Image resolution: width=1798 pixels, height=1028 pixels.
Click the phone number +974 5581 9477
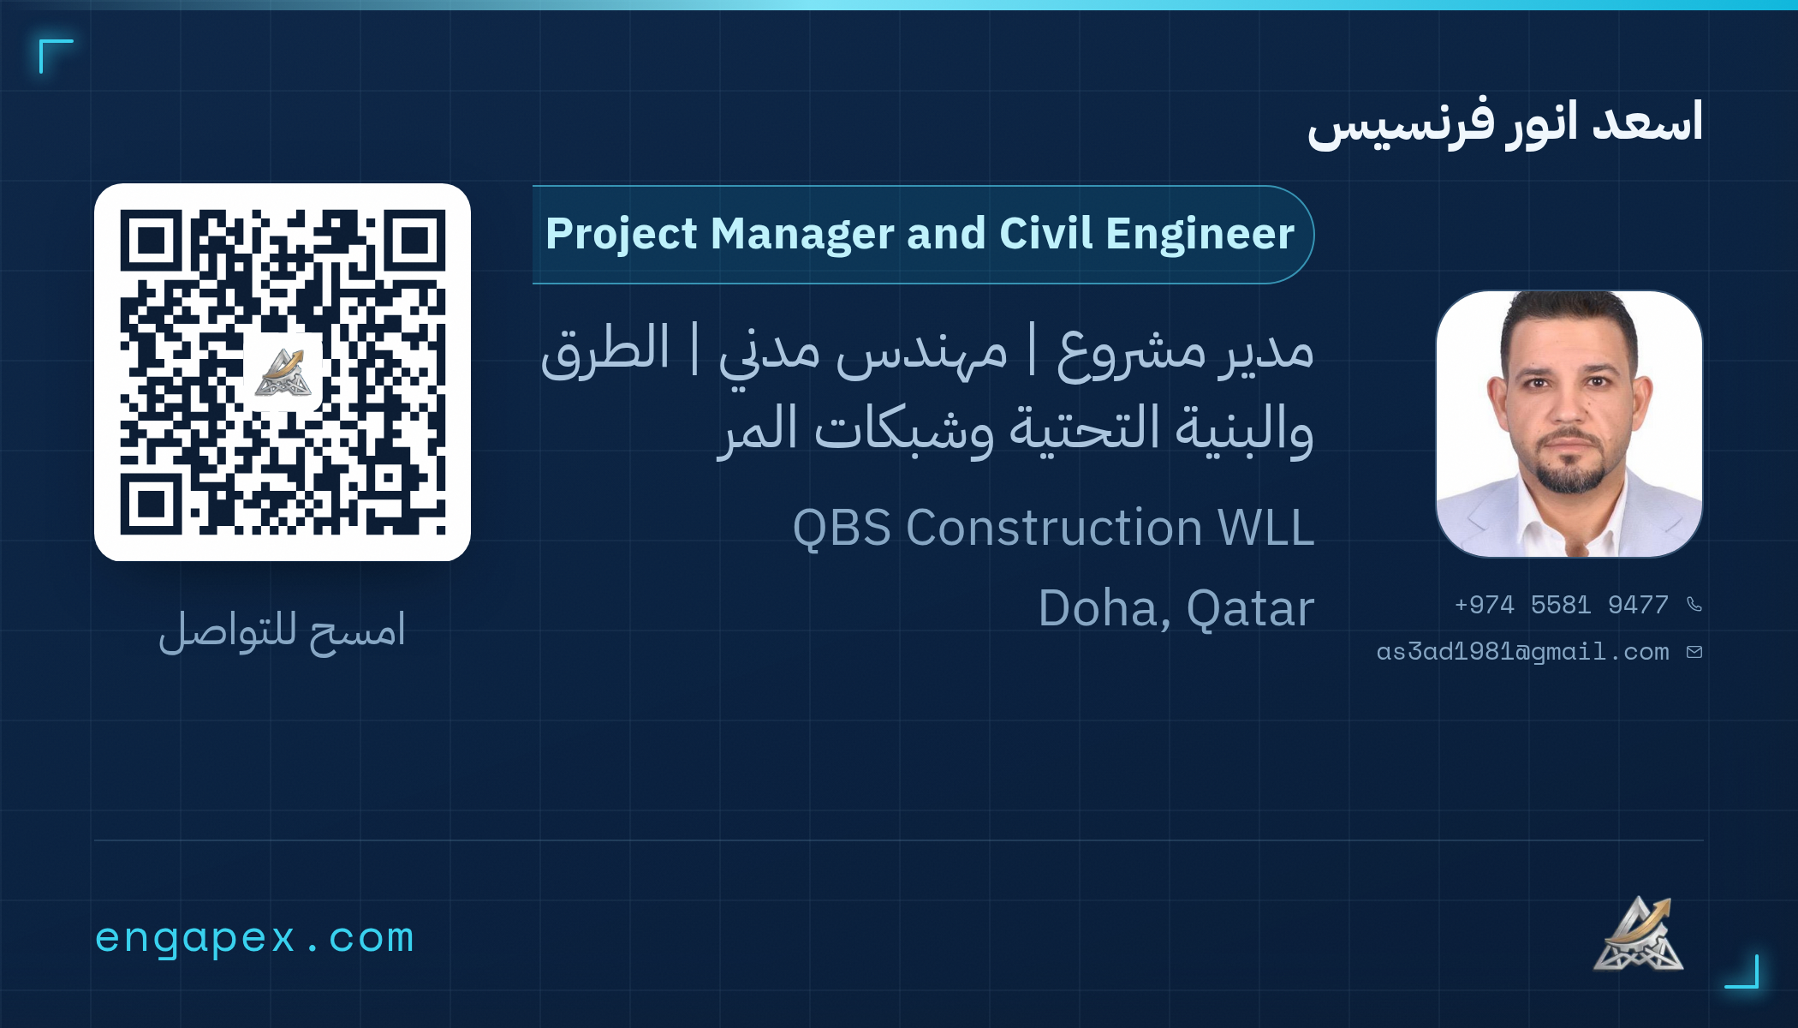click(1561, 605)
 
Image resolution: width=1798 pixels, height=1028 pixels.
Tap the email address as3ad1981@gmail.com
click(1522, 652)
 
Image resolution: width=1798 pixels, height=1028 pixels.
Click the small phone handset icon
click(1694, 605)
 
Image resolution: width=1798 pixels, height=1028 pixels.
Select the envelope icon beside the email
click(1694, 652)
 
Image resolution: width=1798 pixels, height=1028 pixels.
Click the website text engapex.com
click(254, 938)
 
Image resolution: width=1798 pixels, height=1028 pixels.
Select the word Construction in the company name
click(1053, 528)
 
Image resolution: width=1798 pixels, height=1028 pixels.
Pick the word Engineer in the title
click(1200, 234)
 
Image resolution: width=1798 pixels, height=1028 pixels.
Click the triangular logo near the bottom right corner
click(1638, 934)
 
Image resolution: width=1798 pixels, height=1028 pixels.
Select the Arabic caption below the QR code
click(282, 631)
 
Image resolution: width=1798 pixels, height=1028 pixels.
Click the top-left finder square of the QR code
click(152, 241)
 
